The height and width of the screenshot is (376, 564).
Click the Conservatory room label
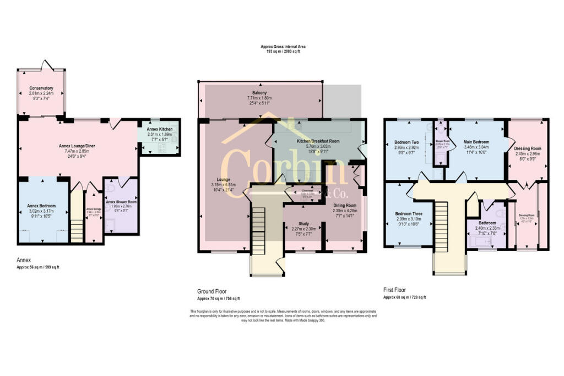coord(41,88)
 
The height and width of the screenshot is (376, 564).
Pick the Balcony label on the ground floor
coord(259,93)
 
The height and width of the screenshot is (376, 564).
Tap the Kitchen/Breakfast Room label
coord(319,141)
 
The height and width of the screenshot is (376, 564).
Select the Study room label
coord(303,224)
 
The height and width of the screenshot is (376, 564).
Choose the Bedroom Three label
coord(408,214)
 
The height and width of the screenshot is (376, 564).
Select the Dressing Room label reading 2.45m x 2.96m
coord(528,148)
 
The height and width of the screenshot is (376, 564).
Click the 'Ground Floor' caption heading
coord(212,291)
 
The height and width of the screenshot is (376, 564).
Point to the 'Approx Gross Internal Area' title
coord(283,47)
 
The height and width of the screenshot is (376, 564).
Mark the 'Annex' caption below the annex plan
coord(25,261)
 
